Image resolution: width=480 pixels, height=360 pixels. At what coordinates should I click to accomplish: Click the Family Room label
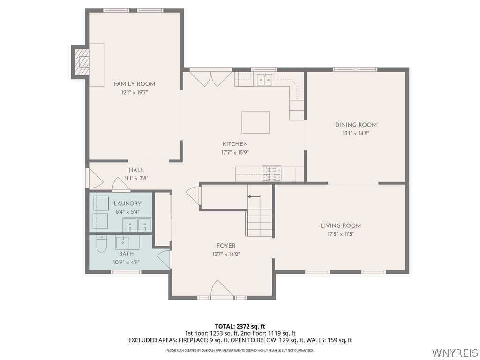tap(135, 84)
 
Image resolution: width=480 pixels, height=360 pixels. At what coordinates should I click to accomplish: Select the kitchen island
tap(255, 122)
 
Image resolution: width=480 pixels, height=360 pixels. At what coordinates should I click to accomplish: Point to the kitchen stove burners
tap(271, 173)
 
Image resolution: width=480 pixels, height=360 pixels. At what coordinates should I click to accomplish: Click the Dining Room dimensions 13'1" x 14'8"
tap(356, 133)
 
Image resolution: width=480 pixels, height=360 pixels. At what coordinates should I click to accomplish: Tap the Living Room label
tap(341, 225)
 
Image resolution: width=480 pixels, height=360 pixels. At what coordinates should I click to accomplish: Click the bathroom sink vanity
tap(123, 242)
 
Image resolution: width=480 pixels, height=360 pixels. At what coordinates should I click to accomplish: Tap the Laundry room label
tap(127, 203)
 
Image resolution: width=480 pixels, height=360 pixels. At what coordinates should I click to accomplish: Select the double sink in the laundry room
tap(137, 225)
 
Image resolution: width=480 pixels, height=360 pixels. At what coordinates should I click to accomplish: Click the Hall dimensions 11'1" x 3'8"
tap(136, 179)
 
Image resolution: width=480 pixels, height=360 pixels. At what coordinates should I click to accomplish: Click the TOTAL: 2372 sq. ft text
tap(240, 326)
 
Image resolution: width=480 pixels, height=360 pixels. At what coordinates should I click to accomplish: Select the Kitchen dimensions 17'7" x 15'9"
tap(235, 152)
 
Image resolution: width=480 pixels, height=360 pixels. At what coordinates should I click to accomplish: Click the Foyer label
tap(226, 246)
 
